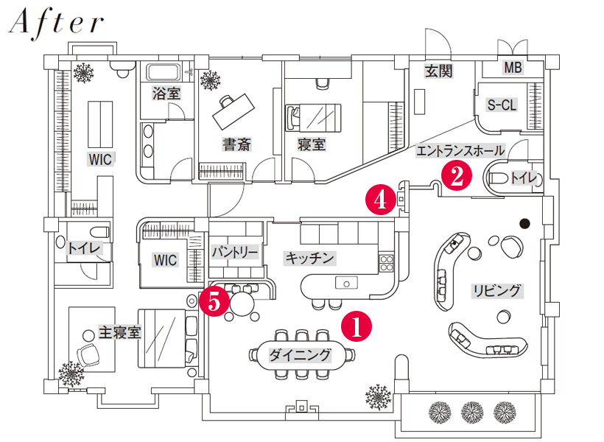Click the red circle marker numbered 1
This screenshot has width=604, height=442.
pos(357,327)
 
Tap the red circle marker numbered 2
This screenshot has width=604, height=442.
pos(457,176)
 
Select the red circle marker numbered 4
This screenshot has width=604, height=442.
pos(381,200)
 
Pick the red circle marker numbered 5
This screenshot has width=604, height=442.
pos(214,301)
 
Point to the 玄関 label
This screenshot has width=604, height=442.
pos(439,71)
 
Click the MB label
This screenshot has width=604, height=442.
pos(513,68)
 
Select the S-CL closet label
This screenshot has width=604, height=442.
pos(502,105)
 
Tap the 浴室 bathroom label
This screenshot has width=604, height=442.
pos(166,94)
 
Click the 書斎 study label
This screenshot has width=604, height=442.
pos(236,144)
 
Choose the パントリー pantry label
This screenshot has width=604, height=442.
pos(235,253)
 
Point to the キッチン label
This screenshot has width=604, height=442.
pos(309,258)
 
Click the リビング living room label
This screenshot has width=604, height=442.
pos(497,290)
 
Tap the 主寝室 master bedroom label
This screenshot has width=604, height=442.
pos(119,332)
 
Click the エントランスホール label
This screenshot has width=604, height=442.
pos(460,150)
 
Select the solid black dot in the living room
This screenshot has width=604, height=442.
pos(524,223)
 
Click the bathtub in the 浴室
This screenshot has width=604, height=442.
pos(164,72)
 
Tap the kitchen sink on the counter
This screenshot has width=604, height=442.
pos(346,282)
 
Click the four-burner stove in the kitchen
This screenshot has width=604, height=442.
pos(386,263)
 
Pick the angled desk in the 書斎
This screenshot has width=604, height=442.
pos(233,111)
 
